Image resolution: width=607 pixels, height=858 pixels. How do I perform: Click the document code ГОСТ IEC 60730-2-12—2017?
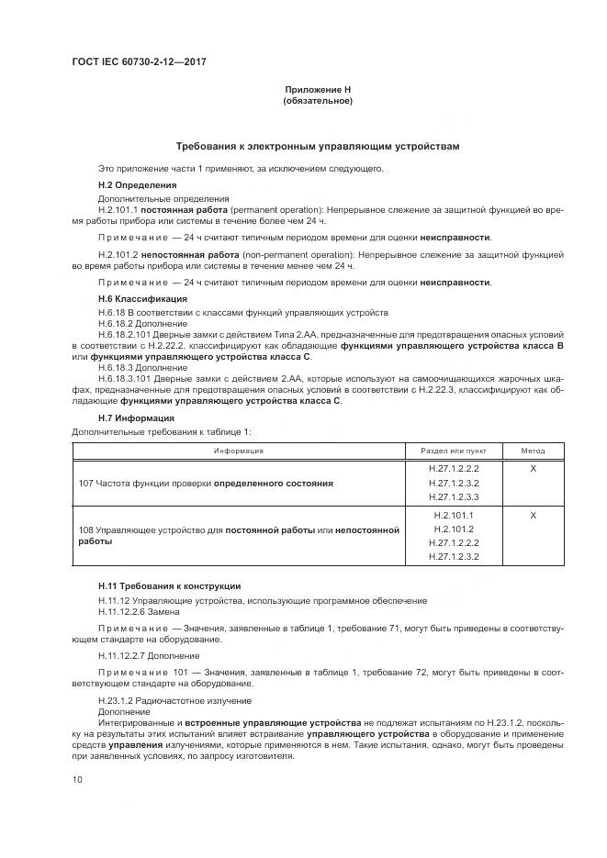coord(138,61)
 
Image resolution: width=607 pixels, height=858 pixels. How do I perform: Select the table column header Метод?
coord(533,451)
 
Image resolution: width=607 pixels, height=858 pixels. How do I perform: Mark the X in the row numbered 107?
coord(533,467)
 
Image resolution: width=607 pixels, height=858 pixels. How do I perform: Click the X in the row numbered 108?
coord(533,516)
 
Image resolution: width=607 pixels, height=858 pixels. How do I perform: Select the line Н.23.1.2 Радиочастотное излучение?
coord(161,700)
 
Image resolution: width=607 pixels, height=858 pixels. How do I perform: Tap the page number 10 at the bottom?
coord(77,780)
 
